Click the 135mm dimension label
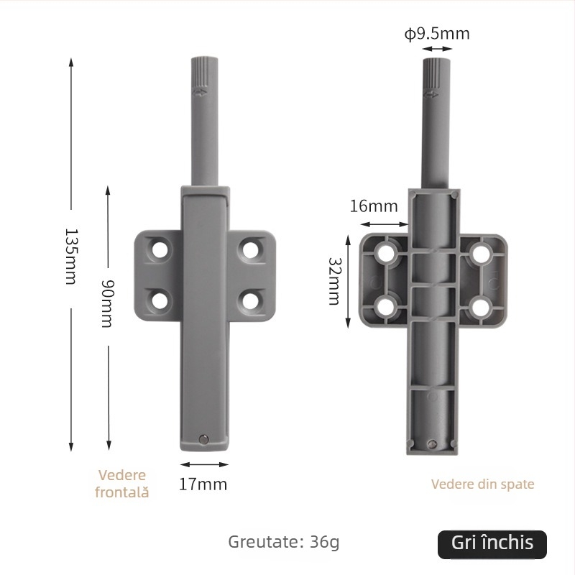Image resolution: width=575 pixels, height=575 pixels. tap(70, 256)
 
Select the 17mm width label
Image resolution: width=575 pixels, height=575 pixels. tap(203, 484)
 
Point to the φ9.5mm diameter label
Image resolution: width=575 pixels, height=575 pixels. tap(437, 34)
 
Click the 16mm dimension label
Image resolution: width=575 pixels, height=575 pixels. tap(373, 206)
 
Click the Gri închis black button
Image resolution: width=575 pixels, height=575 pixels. tap(492, 544)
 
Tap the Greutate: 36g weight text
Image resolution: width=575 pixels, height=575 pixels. tap(283, 541)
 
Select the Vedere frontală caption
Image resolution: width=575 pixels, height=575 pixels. tap(121, 484)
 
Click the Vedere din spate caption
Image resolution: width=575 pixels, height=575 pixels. tap(482, 484)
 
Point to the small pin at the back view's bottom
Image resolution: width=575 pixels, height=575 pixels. tap(432, 444)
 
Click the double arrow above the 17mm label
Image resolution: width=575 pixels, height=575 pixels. tap(204, 465)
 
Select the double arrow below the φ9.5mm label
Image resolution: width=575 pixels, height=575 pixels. tap(437, 49)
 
